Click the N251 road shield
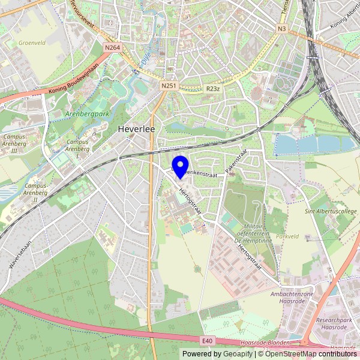[x=169, y=86]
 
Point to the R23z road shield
[x=212, y=89]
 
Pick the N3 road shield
[x=282, y=29]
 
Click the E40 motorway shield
[x=208, y=341]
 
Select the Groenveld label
[x=32, y=43]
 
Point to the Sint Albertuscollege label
[x=332, y=212]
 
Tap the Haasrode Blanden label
[x=265, y=343]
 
